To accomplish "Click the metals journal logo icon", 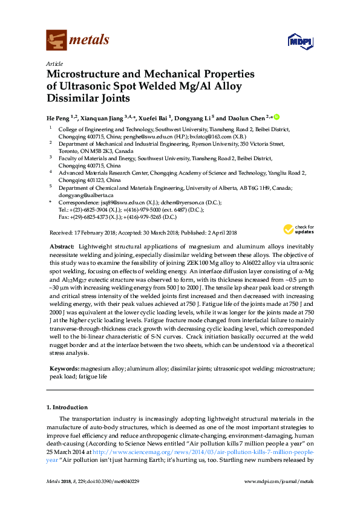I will [56, 40].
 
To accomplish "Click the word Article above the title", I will [53, 63].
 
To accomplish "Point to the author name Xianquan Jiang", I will [102, 118].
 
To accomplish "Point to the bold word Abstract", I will [62, 247].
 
